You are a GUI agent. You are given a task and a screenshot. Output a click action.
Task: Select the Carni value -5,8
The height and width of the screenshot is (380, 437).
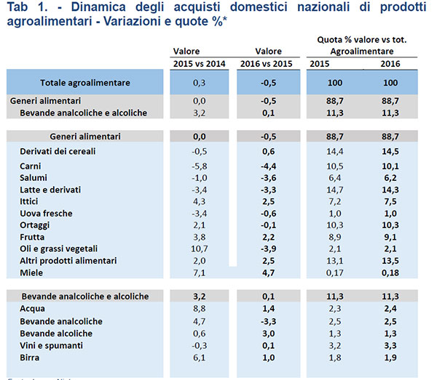pyautogui.click(x=199, y=167)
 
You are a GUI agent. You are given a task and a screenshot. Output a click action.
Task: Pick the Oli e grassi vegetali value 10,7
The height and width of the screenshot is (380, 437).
pyautogui.click(x=197, y=248)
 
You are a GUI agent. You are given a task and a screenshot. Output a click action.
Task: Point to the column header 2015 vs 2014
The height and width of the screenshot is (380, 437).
pyautogui.click(x=197, y=64)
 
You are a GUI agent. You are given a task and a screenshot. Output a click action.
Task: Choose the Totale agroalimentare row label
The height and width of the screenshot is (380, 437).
pyautogui.click(x=85, y=83)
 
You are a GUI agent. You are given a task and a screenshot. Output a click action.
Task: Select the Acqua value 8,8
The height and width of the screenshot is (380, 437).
pyautogui.click(x=198, y=309)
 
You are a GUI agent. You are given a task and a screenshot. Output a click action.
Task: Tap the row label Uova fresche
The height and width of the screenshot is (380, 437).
pyautogui.click(x=46, y=213)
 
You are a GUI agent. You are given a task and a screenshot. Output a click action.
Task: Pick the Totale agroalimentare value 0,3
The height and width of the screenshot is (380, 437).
pyautogui.click(x=199, y=83)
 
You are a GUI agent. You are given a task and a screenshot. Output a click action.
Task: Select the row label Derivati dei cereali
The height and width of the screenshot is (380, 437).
pyautogui.click(x=58, y=150)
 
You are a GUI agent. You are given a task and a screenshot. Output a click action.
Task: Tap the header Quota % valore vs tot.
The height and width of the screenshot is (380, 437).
pyautogui.click(x=356, y=39)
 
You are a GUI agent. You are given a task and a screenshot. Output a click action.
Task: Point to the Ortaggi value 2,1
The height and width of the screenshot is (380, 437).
pyautogui.click(x=199, y=225)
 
